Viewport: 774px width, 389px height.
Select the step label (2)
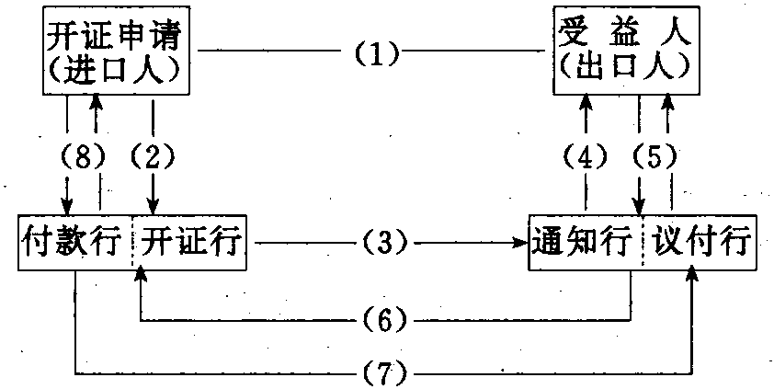coord(154,158)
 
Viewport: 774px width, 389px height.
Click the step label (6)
coord(386,321)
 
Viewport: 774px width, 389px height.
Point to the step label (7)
coord(386,373)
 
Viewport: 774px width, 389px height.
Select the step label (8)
coord(81,158)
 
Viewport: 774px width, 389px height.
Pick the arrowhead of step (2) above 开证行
coord(154,208)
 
